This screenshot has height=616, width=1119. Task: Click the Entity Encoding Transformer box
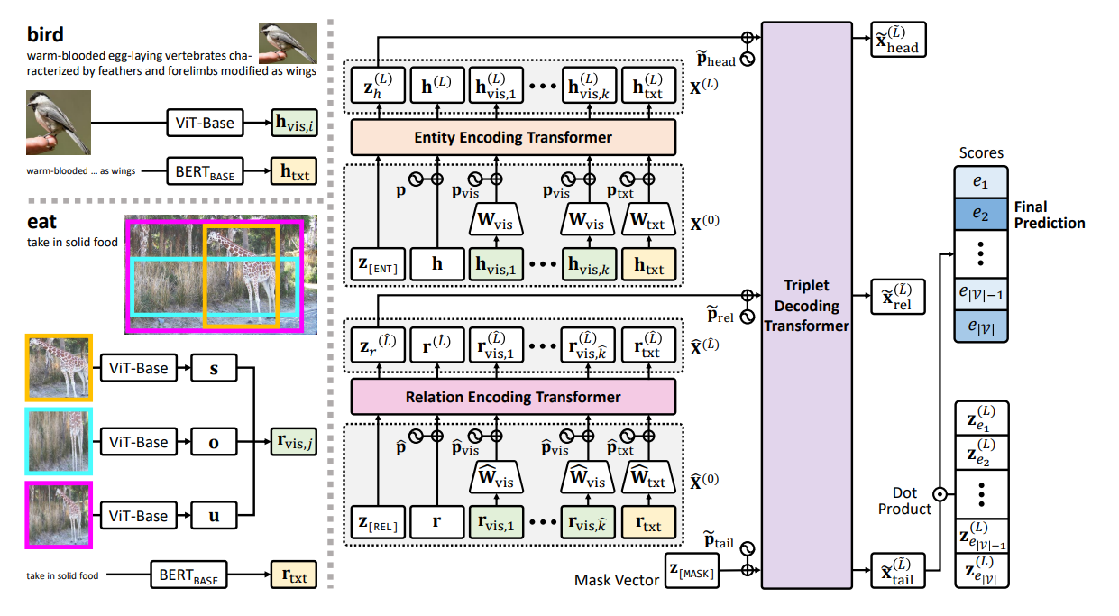512,137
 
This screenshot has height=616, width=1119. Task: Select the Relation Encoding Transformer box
512,397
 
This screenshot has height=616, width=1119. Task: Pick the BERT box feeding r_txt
188,575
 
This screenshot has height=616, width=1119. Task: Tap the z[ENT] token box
379,264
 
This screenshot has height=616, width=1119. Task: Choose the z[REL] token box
379,522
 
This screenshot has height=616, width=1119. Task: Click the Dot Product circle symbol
940,493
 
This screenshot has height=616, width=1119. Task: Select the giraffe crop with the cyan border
59,442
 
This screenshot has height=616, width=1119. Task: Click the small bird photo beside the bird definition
287,41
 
